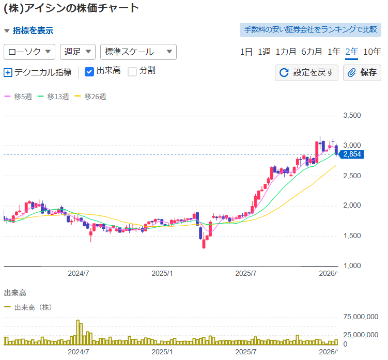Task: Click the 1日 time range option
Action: point(246,52)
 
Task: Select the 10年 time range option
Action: point(372,52)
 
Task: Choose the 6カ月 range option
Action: point(312,52)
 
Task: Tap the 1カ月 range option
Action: point(286,52)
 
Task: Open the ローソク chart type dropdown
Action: point(29,52)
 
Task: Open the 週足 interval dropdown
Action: point(78,52)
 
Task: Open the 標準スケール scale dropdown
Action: point(138,52)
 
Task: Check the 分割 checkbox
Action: point(132,71)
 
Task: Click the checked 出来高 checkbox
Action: point(89,71)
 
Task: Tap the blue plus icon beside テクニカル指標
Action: point(8,72)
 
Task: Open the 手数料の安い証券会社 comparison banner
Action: point(310,29)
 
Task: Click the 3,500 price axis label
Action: point(354,116)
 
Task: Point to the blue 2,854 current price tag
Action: point(351,154)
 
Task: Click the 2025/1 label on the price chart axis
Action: point(163,273)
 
